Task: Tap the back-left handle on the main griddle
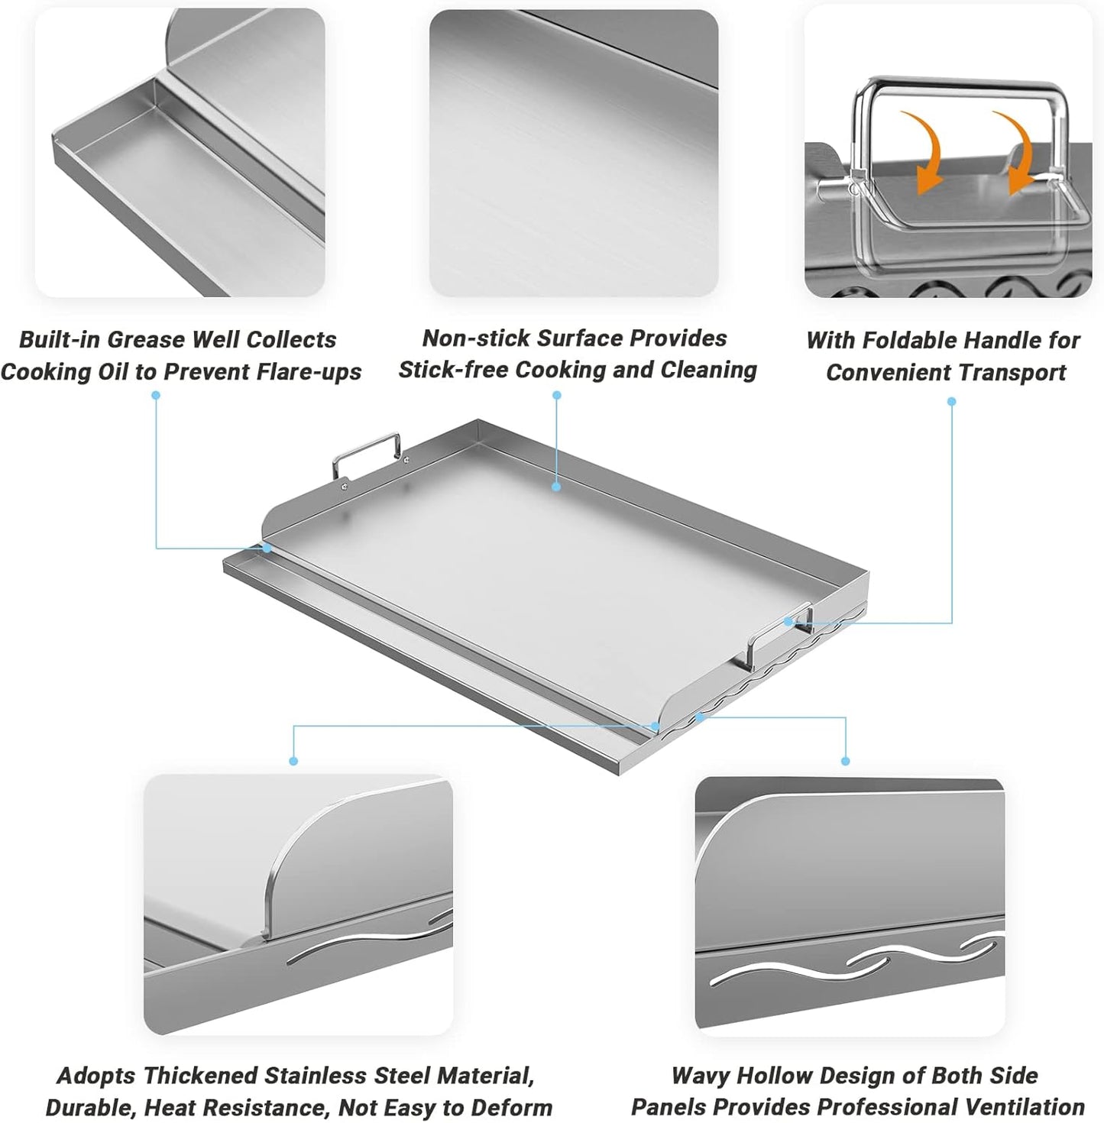(x=366, y=453)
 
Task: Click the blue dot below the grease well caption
(x=156, y=395)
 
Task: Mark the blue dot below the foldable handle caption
(x=951, y=401)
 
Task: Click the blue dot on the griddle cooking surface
(x=557, y=486)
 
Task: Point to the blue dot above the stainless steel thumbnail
(x=293, y=761)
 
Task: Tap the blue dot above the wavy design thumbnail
(x=845, y=761)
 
